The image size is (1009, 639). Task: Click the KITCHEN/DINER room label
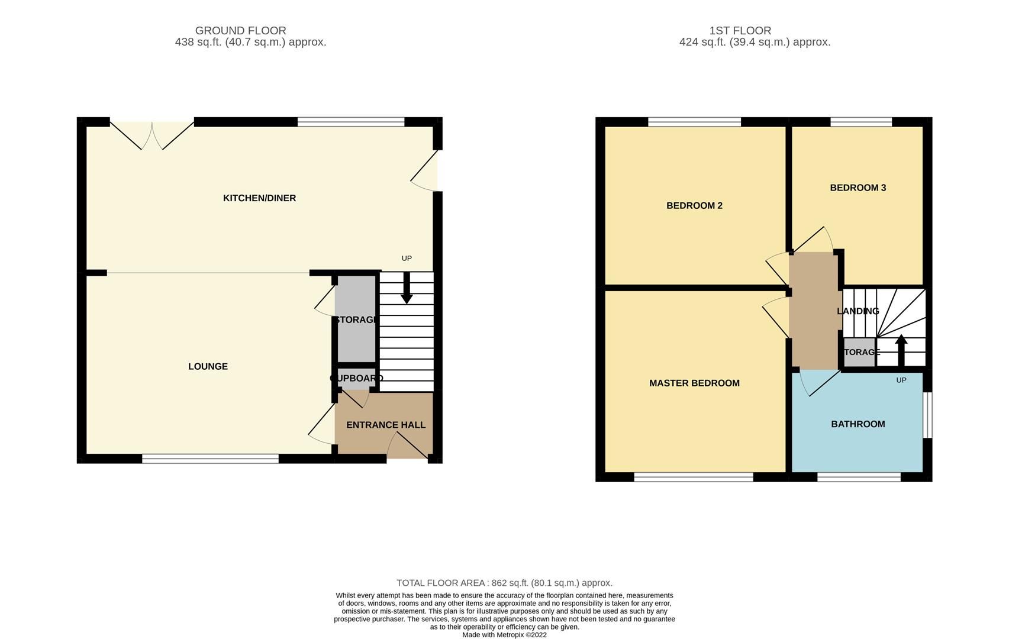click(259, 198)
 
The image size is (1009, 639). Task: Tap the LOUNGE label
click(208, 367)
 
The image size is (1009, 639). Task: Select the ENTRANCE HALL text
click(385, 425)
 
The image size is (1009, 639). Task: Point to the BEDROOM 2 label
click(694, 206)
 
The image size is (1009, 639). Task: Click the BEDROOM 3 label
click(858, 188)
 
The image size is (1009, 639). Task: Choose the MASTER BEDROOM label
click(694, 383)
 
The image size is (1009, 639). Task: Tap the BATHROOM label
click(858, 424)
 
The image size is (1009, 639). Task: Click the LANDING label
click(858, 311)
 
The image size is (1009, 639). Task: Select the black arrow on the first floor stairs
click(901, 350)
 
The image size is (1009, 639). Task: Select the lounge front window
click(210, 459)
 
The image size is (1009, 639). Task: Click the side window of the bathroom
click(928, 415)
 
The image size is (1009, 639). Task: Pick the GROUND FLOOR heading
click(240, 31)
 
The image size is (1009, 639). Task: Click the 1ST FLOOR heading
click(740, 31)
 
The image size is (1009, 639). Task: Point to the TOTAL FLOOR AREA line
click(504, 583)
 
